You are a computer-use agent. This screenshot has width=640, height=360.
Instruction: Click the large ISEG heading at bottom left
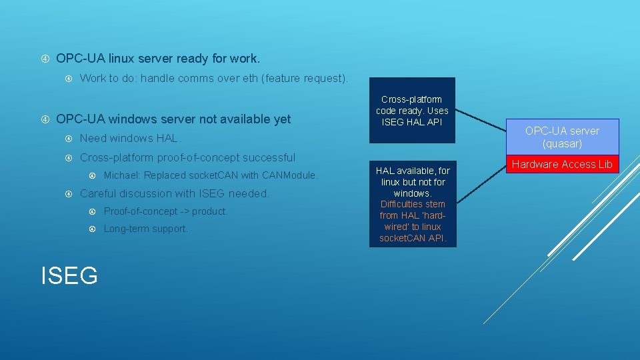(x=69, y=275)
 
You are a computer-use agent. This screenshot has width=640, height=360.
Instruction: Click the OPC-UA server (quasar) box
(x=562, y=137)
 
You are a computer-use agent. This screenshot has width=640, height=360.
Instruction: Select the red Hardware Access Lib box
(x=562, y=164)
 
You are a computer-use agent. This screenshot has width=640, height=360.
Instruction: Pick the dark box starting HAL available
(x=413, y=204)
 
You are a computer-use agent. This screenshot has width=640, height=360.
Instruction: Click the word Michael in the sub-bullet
(x=122, y=175)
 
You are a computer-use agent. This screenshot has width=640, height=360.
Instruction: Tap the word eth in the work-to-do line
(x=249, y=78)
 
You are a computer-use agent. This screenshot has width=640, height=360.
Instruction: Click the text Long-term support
(x=146, y=229)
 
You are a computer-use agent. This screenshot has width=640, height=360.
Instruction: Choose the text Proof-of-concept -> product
(x=166, y=211)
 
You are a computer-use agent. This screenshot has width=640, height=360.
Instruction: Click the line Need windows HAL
(x=130, y=139)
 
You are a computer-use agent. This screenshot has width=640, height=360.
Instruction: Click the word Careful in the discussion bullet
(x=100, y=193)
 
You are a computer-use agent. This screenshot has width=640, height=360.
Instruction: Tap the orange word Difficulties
(x=403, y=204)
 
